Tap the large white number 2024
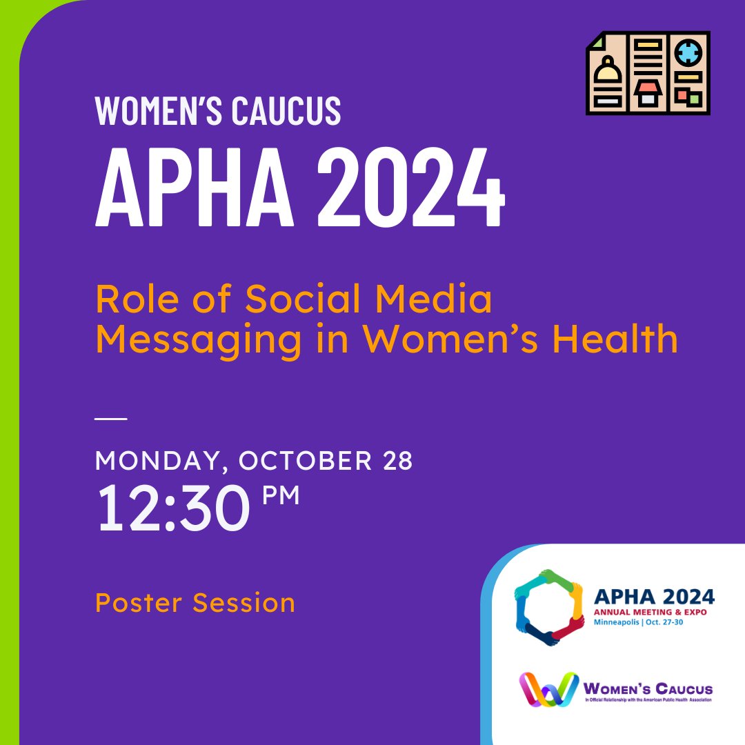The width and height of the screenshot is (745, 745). click(x=411, y=187)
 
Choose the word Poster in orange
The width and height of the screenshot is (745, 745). click(x=139, y=603)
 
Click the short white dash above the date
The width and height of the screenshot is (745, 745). click(x=111, y=419)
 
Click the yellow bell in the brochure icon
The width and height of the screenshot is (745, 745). click(x=607, y=71)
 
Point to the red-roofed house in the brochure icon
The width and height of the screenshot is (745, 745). click(x=647, y=91)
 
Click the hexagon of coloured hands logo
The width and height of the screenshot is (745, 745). click(x=549, y=607)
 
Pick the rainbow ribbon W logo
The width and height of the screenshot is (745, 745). click(x=548, y=688)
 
